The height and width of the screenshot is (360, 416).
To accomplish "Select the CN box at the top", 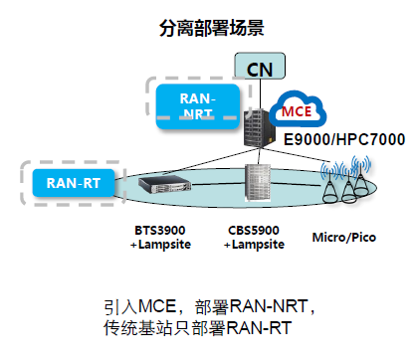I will click(x=259, y=69).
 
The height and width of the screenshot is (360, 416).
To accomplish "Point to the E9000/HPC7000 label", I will click(x=344, y=139).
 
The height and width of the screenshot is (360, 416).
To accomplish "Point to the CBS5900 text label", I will click(x=258, y=230).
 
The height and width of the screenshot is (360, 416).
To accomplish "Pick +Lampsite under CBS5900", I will click(x=258, y=244).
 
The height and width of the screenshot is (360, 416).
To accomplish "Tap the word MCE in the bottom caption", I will click(x=160, y=307).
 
